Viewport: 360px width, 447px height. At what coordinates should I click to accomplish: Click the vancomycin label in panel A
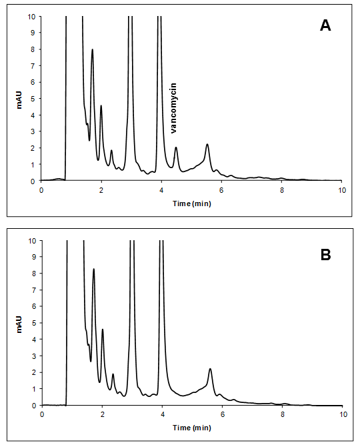point(173,108)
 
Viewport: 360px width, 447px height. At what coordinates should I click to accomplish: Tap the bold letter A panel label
point(325,25)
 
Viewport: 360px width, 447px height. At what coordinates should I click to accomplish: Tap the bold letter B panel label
point(325,255)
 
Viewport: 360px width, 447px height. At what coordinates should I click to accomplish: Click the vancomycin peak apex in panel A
point(176,147)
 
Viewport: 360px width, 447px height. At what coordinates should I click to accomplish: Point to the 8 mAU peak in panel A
point(92,49)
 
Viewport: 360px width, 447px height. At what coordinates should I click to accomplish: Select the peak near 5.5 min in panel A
point(207,144)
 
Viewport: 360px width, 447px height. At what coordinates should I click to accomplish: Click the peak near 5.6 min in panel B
point(210,369)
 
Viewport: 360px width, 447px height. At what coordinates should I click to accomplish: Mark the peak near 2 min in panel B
point(103,330)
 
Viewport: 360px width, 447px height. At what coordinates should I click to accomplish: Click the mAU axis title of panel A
point(19,100)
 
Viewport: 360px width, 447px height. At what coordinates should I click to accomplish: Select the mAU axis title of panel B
point(19,324)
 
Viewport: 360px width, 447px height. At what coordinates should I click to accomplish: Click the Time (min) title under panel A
point(192,203)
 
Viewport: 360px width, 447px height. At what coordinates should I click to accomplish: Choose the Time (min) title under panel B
point(192,428)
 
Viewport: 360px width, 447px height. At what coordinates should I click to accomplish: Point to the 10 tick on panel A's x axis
point(342,190)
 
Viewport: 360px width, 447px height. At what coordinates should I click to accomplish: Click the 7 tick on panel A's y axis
point(33,66)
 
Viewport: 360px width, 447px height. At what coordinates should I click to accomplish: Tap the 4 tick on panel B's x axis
point(163,414)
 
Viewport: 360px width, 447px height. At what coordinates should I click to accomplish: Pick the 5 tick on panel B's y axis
point(33,323)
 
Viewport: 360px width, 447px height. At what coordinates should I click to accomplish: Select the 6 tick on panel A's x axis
point(221,190)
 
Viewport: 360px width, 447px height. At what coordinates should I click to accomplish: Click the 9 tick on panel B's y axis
point(33,257)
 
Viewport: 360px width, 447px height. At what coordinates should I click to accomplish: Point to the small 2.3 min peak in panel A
point(111,151)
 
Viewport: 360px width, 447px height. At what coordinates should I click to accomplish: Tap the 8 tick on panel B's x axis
point(283,414)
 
